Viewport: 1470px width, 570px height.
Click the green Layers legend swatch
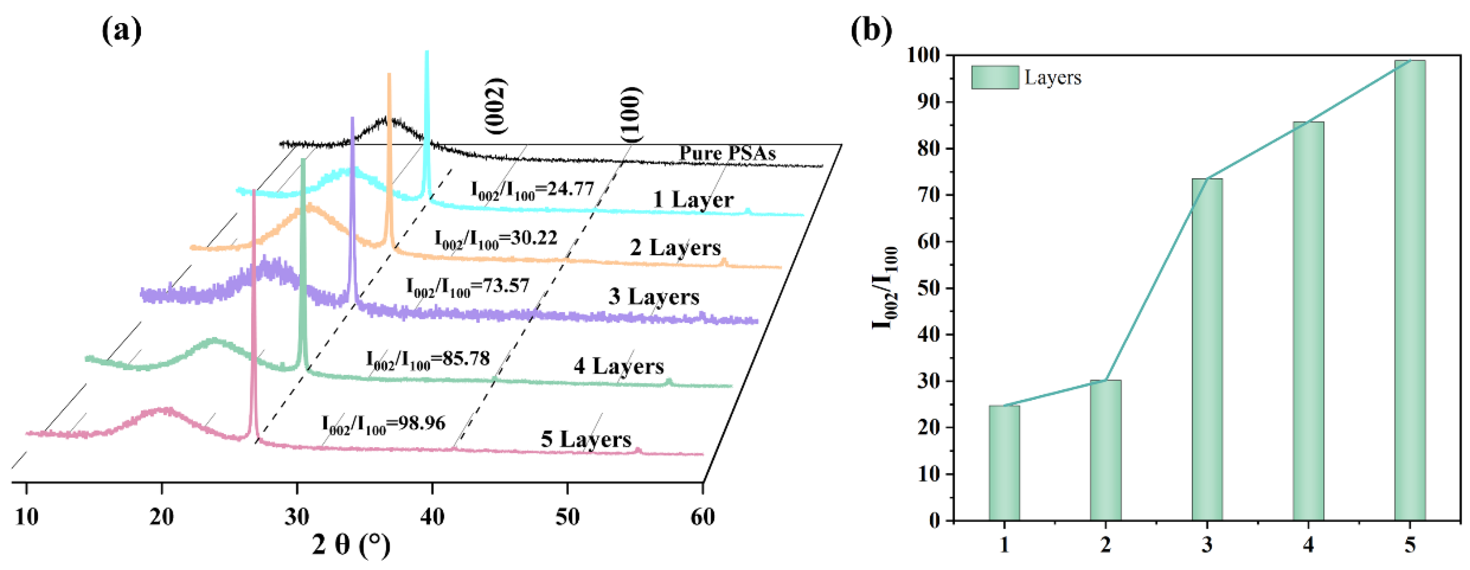[x=995, y=78]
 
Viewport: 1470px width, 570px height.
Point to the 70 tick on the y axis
[x=930, y=195]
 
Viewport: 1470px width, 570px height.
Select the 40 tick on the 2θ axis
[x=432, y=517]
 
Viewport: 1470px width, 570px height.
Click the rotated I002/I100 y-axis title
[x=885, y=288]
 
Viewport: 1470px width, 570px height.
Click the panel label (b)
[x=871, y=30]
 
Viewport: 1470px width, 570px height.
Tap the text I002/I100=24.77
[x=532, y=190]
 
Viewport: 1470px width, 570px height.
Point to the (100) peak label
[x=631, y=114]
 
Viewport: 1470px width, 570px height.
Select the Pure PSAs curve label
[x=727, y=153]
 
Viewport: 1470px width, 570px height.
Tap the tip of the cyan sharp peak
[x=426, y=53]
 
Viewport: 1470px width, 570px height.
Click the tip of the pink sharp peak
[x=254, y=192]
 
